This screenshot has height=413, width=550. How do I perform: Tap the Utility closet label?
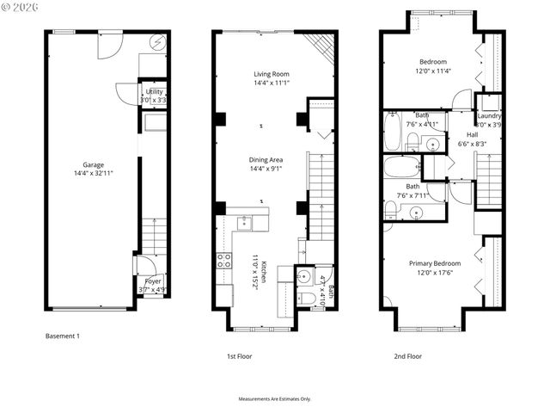pos(155,91)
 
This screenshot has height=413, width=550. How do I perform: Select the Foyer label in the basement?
pos(152,281)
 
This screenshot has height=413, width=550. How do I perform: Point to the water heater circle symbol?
pos(159,41)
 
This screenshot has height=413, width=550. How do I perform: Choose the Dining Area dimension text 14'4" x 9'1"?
pos(266,169)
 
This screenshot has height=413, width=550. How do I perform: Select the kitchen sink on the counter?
pos(243,224)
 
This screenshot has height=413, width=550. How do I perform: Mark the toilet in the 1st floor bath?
pos(305,299)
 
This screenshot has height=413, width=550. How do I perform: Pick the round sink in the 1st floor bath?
pos(303,277)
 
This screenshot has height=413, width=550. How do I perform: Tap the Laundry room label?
pos(489,115)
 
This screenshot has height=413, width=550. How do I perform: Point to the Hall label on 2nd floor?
pos(472,135)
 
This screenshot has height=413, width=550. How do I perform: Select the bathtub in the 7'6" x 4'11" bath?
pos(392,133)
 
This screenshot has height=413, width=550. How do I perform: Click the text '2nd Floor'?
pos(407,355)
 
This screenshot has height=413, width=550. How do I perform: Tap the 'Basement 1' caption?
pos(62,336)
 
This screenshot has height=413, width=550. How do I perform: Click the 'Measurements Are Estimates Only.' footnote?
pos(274,399)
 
